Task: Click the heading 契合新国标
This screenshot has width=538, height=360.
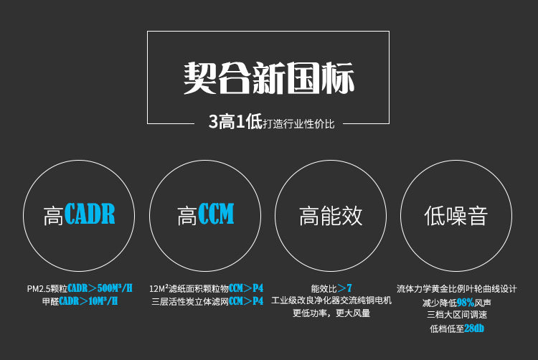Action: pyautogui.click(x=268, y=77)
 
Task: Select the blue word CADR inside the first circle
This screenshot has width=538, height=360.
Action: pyautogui.click(x=90, y=214)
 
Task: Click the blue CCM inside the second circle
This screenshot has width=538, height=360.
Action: pyautogui.click(x=216, y=214)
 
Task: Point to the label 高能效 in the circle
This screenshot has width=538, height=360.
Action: pyautogui.click(x=331, y=216)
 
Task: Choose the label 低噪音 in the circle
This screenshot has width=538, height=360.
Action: pyautogui.click(x=456, y=216)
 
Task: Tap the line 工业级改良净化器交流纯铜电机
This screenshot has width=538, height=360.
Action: pyautogui.click(x=331, y=301)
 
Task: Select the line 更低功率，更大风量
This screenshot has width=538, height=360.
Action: pyautogui.click(x=331, y=314)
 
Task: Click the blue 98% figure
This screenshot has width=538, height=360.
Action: pyautogui.click(x=466, y=302)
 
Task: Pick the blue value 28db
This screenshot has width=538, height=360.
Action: pyautogui.click(x=473, y=328)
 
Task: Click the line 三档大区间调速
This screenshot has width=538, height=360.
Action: pyautogui.click(x=456, y=315)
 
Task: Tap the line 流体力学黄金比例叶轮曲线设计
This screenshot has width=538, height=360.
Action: pyautogui.click(x=456, y=288)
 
